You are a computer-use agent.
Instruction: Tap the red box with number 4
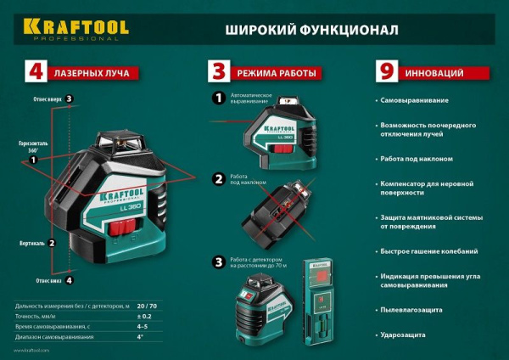36,73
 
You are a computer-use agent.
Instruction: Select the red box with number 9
387,73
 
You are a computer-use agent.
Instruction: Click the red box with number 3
219,73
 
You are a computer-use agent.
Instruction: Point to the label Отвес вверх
47,98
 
